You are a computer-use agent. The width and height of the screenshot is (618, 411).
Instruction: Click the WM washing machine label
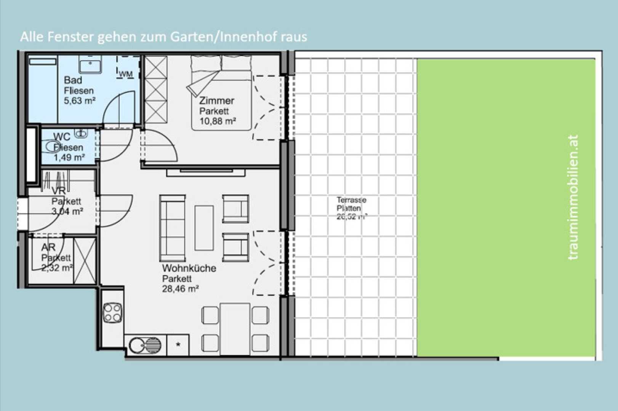tap(126, 74)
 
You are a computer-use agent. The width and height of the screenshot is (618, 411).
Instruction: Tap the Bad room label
tap(73, 80)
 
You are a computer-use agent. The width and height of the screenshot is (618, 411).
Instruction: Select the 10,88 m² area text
tap(218, 121)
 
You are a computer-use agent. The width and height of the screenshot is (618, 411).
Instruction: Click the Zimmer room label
tap(216, 101)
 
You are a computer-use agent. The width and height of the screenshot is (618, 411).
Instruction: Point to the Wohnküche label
tap(189, 268)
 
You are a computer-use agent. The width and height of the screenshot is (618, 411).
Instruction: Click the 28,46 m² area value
tap(180, 289)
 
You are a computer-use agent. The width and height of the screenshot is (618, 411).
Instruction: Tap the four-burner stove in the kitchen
tap(112, 312)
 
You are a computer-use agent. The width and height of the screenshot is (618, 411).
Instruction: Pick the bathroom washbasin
tap(90, 64)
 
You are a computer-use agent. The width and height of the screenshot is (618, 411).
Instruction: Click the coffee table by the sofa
tap(204, 228)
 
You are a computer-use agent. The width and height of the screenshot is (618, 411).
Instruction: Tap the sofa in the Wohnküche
tap(172, 228)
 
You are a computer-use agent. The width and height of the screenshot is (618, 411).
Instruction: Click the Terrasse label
tap(351, 200)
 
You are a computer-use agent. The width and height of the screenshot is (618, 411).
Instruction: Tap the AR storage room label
tap(48, 247)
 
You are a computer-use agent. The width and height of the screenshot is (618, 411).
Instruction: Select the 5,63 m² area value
tap(80, 101)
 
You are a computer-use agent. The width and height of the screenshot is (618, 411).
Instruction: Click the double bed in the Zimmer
tap(221, 93)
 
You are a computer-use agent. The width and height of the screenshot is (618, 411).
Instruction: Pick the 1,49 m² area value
tap(69, 158)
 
